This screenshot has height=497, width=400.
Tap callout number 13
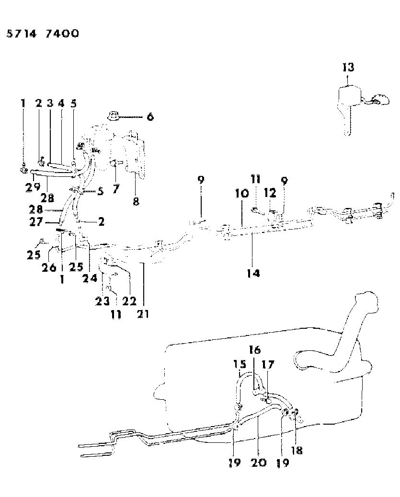348,68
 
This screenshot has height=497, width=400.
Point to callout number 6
150,116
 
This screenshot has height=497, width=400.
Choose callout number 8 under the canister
136,201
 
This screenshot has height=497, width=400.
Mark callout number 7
115,188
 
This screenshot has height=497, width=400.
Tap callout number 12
271,192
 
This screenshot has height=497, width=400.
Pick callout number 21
144,314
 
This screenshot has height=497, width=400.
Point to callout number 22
130,301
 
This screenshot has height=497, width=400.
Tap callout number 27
51,222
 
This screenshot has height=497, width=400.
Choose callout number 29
32,187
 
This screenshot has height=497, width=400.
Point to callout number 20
259,463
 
